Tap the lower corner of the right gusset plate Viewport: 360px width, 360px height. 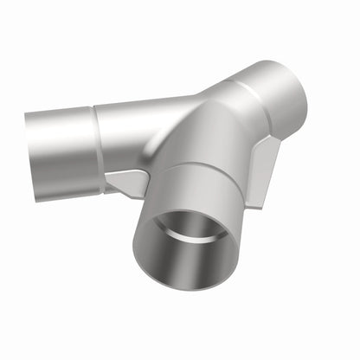[255, 204]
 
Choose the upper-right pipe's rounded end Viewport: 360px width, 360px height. [292, 91]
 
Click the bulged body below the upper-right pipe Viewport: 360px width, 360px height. [229, 138]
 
